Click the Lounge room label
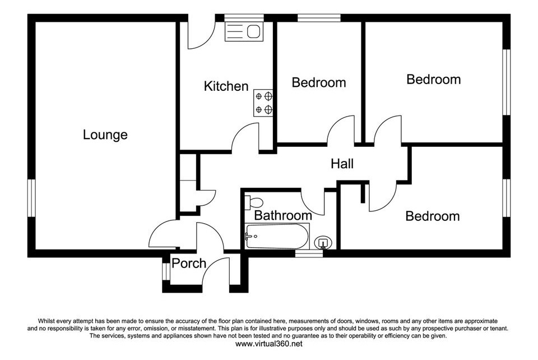pyautogui.click(x=105, y=135)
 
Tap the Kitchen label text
pyautogui.click(x=226, y=86)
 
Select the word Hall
pyautogui.click(x=342, y=164)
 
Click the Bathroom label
pyautogui.click(x=283, y=215)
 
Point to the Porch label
pyautogui.click(x=189, y=264)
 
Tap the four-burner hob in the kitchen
pyautogui.click(x=263, y=103)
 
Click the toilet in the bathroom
pyautogui.click(x=256, y=202)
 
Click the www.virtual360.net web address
pyautogui.click(x=268, y=343)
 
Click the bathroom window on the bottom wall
pyautogui.click(x=309, y=253)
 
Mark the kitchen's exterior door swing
pyautogui.click(x=199, y=36)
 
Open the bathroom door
pyautogui.click(x=313, y=202)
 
